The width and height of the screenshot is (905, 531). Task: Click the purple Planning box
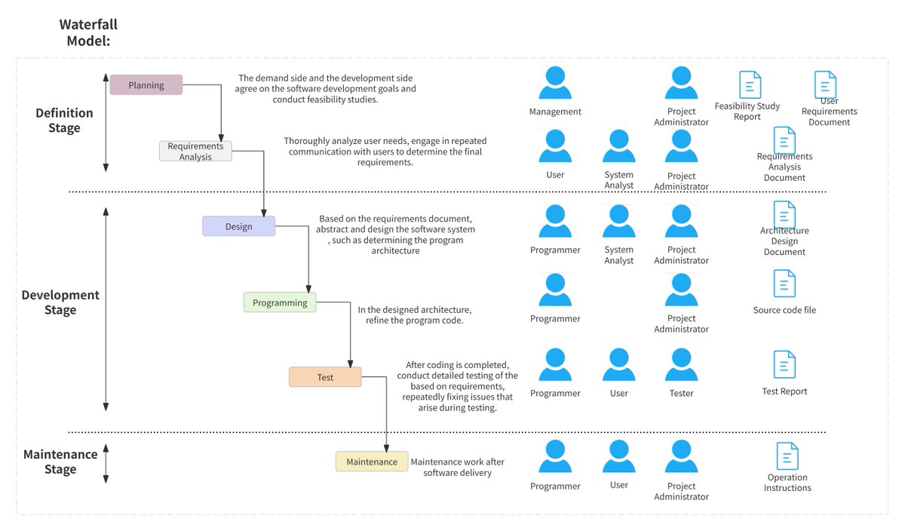pos(146,85)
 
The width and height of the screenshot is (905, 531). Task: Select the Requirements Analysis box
pos(195,151)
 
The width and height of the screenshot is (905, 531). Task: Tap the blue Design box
pos(238,226)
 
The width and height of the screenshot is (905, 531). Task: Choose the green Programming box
pos(280,302)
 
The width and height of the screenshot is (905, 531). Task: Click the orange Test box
pos(325,377)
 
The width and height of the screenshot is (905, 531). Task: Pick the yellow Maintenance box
pos(372,462)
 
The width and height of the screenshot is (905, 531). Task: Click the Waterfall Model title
pos(88,33)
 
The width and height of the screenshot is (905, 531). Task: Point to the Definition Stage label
pos(64,121)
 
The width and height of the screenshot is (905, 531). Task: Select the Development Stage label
pos(60,302)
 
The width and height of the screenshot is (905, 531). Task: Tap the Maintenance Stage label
pos(60,462)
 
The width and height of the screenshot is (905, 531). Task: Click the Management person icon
pos(555,84)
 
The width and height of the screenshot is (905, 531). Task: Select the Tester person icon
pos(681,365)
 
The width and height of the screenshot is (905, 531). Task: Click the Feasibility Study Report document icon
pos(750,84)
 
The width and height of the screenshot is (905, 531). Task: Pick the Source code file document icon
pos(784,284)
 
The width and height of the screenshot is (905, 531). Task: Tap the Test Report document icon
pos(784,364)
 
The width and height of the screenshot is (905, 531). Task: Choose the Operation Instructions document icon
pos(787,456)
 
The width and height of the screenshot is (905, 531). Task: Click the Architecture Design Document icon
pos(784,215)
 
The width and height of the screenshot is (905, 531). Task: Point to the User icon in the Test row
pos(618,365)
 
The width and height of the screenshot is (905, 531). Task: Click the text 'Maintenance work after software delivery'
pos(457,467)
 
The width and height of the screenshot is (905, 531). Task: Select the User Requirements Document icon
pos(825,84)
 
